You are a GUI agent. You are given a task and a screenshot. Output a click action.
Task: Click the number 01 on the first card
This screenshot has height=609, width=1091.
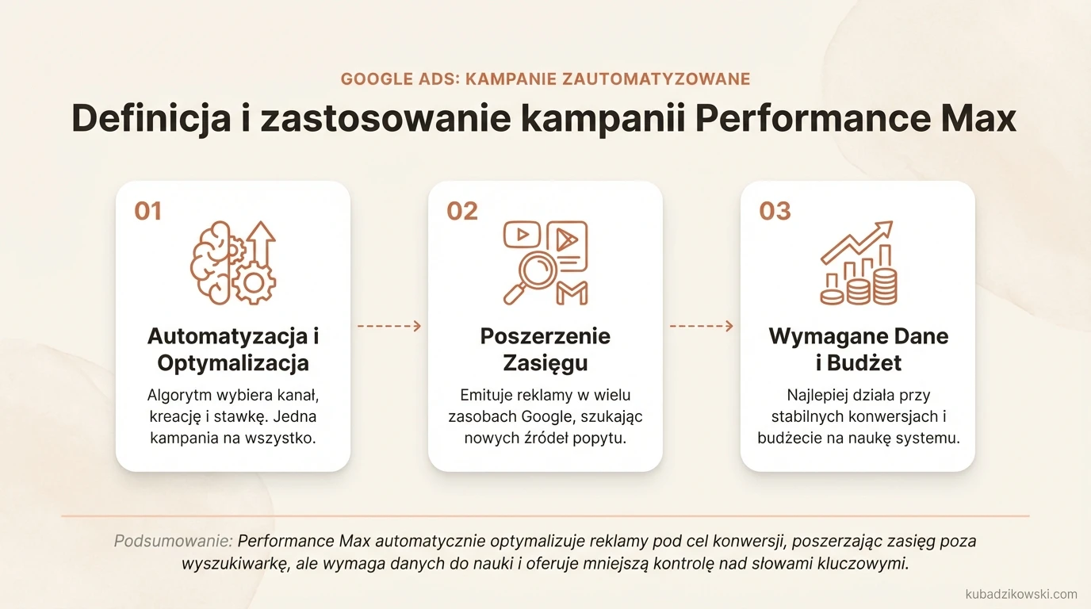click(x=148, y=211)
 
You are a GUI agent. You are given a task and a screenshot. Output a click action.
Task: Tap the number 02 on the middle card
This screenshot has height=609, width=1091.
click(x=462, y=211)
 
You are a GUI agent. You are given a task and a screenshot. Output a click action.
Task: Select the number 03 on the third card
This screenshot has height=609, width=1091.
click(x=775, y=211)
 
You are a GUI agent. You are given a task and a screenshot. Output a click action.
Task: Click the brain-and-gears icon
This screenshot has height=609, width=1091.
click(x=232, y=262)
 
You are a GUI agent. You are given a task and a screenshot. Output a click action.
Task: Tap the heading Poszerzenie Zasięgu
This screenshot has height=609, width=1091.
click(x=545, y=349)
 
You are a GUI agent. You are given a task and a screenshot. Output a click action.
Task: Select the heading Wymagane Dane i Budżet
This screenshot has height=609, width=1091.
click(x=858, y=349)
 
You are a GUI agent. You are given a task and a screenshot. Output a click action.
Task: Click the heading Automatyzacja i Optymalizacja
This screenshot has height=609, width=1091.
click(x=232, y=349)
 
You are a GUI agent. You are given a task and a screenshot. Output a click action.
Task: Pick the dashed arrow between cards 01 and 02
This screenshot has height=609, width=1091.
click(x=389, y=326)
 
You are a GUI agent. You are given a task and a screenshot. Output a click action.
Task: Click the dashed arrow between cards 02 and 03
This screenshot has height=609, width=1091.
click(x=702, y=326)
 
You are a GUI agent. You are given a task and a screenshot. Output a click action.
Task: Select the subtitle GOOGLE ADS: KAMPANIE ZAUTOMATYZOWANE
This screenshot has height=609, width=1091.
click(x=545, y=79)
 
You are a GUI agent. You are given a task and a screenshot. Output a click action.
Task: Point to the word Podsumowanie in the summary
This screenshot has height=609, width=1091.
click(x=173, y=542)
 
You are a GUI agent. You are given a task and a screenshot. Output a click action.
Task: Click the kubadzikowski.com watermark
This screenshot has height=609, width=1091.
click(x=1021, y=594)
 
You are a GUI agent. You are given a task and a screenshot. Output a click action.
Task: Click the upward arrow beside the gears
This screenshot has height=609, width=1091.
click(x=261, y=243)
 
